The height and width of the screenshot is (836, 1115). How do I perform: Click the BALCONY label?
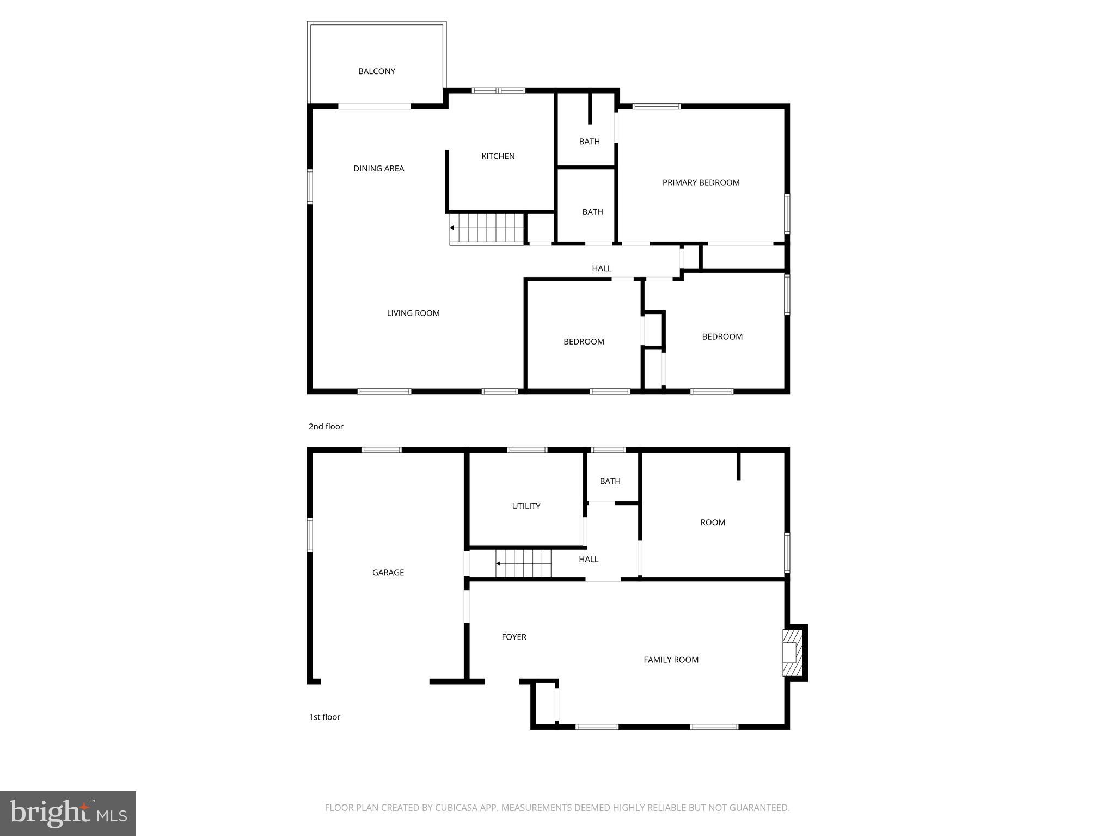376,71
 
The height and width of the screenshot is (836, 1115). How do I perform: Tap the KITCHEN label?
498,156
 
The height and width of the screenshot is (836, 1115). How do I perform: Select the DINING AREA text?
378,169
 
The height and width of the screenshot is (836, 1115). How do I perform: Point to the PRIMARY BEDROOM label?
701,183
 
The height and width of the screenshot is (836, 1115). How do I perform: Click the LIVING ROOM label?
413,313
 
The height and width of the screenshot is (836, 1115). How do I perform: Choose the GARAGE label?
388,573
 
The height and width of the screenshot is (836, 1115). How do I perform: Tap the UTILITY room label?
526,506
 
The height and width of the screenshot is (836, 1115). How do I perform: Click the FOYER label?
513,637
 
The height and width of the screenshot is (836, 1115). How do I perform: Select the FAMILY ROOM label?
671,660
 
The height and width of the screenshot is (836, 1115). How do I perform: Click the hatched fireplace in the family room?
793,653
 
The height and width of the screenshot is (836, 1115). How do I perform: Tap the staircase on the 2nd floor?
486,228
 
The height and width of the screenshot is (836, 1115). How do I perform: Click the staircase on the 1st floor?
524,563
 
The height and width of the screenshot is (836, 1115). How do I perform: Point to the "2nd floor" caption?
326,427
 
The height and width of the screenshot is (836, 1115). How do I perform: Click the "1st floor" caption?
324,717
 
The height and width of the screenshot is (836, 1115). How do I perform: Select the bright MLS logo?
68,813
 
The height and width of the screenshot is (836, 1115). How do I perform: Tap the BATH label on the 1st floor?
610,481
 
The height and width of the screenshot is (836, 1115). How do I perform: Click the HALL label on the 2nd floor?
602,268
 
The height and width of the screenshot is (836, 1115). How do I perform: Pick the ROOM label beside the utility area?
712,522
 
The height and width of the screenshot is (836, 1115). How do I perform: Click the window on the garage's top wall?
381,450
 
